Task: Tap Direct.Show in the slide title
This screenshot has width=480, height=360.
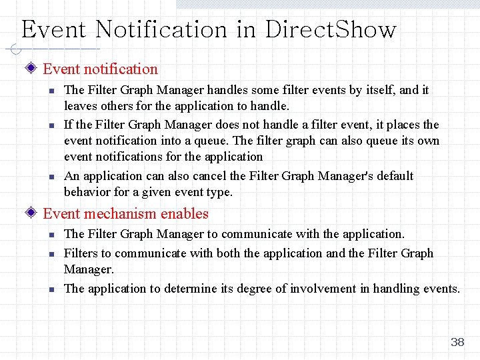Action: (331, 30)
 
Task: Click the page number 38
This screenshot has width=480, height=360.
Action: (457, 342)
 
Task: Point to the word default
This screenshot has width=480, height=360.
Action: (392, 176)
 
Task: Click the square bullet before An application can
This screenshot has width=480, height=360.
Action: (49, 177)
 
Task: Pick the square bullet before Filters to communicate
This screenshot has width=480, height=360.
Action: (49, 254)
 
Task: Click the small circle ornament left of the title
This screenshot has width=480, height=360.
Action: (15, 49)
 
